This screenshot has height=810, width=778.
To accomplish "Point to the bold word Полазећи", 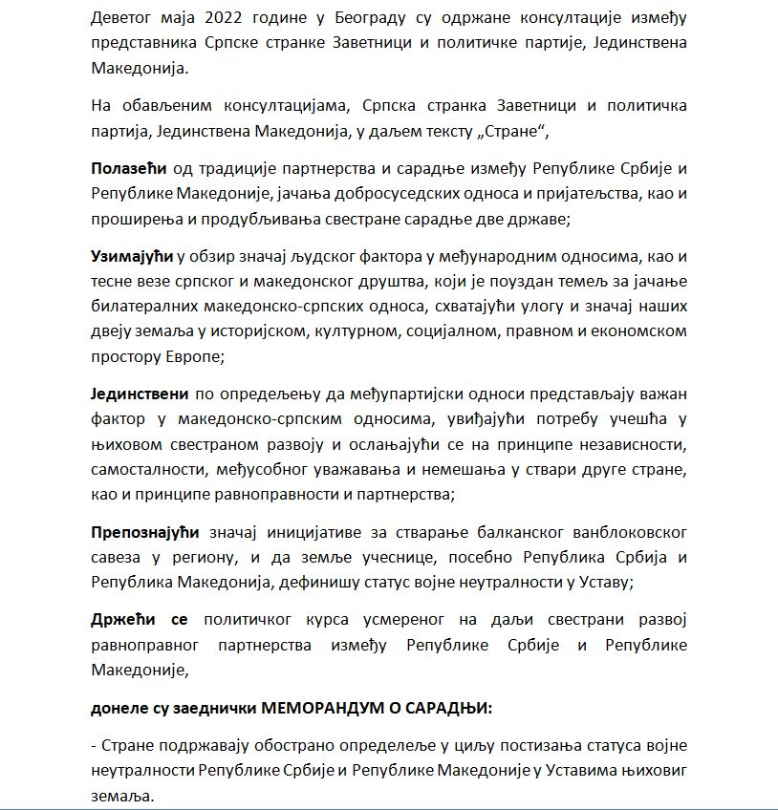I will pyautogui.click(x=129, y=168).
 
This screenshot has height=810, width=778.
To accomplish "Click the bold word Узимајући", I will pyautogui.click(x=133, y=257).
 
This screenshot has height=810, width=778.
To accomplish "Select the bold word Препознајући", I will pyautogui.click(x=144, y=531).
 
